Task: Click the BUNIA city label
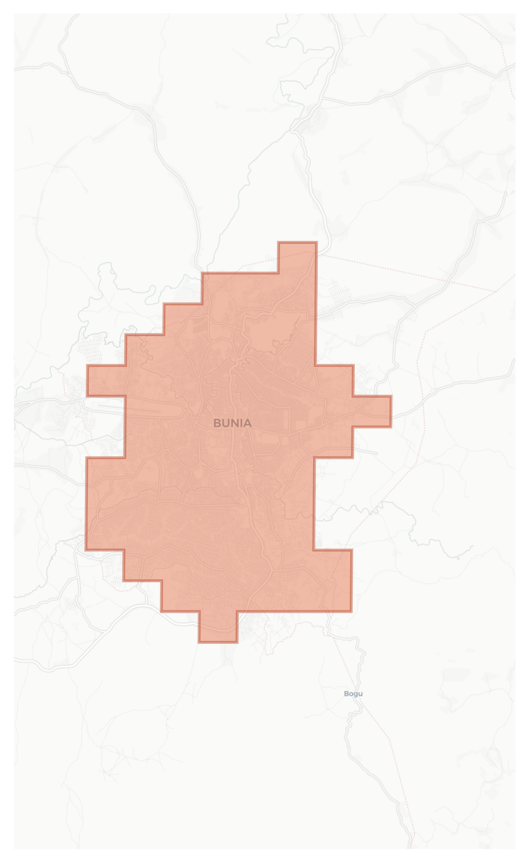[232, 423]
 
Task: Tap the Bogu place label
[353, 694]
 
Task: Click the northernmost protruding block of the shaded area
[297, 257]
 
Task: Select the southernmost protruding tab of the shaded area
[218, 627]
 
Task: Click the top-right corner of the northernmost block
[316, 242]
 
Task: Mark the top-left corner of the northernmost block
[279, 242]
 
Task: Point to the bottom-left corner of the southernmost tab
[199, 642]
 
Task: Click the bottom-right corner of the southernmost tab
[237, 642]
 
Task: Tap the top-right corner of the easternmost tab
[391, 396]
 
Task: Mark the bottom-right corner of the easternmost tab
[391, 427]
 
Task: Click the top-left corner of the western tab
[87, 366]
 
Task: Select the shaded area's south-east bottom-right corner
[351, 611]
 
